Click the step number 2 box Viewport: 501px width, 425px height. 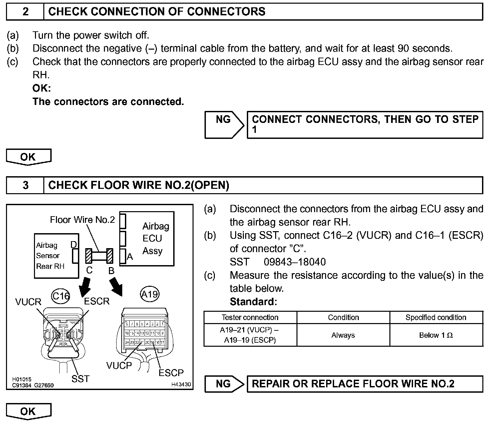pos(25,12)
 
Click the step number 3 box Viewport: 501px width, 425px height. pos(25,185)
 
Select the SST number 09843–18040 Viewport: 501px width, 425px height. pos(294,262)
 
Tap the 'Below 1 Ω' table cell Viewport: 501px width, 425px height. pos(436,335)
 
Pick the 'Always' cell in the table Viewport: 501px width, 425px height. pos(343,335)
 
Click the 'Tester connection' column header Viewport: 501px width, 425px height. pos(250,317)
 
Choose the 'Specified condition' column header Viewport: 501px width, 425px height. pos(436,317)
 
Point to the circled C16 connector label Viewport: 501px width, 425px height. pos(61,296)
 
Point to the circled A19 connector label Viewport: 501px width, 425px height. pos(150,294)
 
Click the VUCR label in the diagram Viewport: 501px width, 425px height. pos(28,302)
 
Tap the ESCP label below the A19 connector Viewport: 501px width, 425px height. pos(171,373)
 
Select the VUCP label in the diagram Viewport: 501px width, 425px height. pos(119,366)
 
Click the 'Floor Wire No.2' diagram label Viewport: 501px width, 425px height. pos(82,220)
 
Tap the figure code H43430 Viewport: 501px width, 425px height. pos(181,384)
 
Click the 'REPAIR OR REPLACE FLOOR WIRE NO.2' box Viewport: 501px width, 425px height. pos(365,384)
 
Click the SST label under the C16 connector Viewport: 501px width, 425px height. pos(80,379)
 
